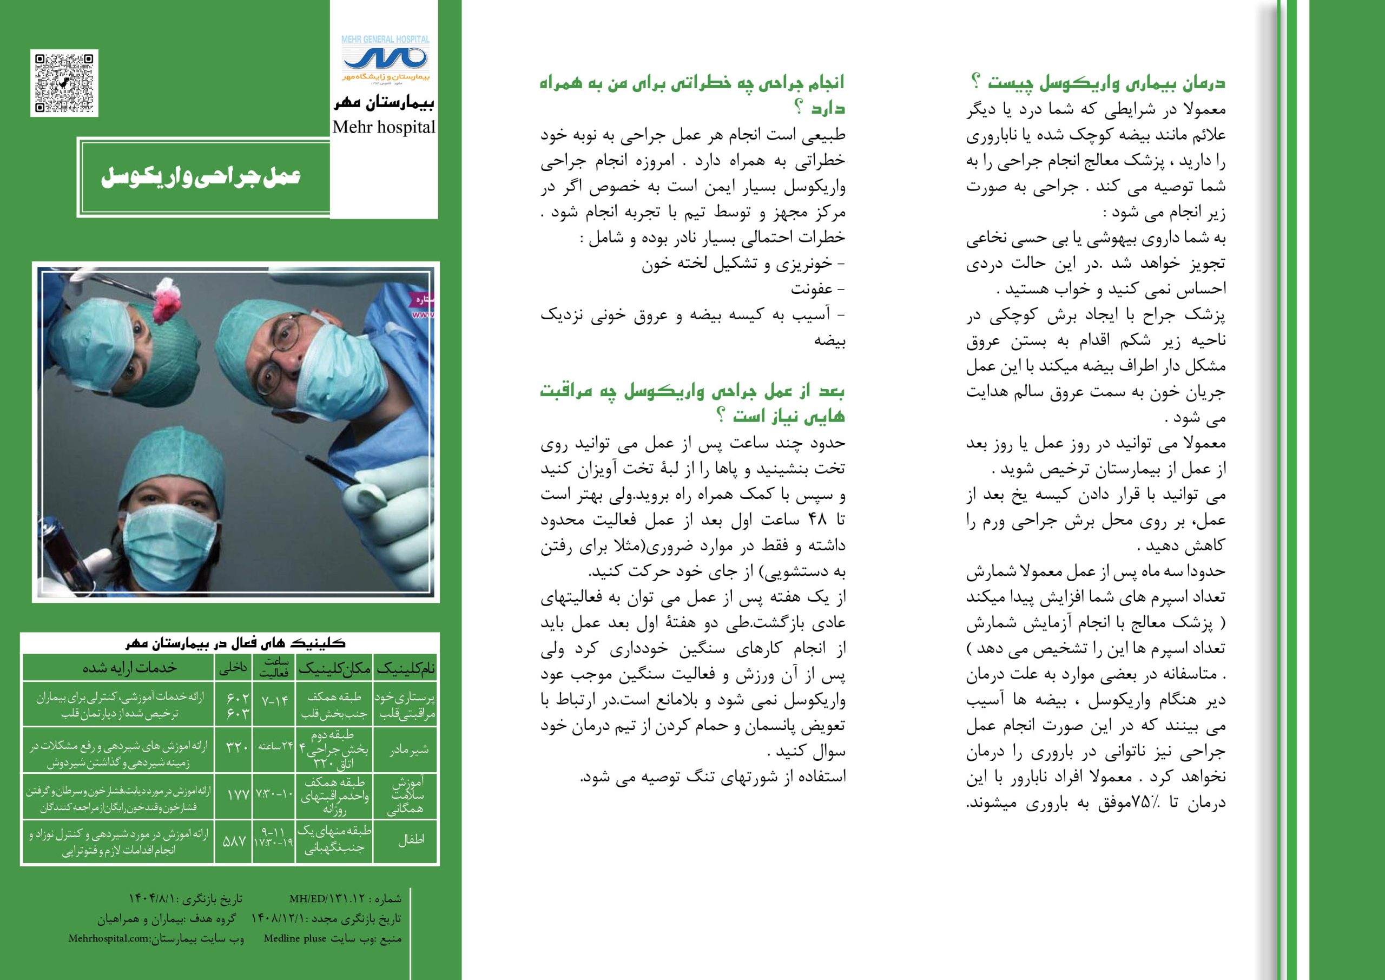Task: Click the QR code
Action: pyautogui.click(x=64, y=83)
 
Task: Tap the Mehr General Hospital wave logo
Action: pyautogui.click(x=385, y=59)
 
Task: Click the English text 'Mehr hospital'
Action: pyautogui.click(x=384, y=127)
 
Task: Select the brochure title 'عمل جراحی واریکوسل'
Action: pyautogui.click(x=201, y=177)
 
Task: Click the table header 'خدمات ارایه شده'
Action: pyautogui.click(x=130, y=667)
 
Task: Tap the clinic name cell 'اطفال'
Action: pyautogui.click(x=411, y=840)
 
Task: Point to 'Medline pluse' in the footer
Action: pyautogui.click(x=295, y=938)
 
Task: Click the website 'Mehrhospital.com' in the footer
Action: pyautogui.click(x=109, y=939)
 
